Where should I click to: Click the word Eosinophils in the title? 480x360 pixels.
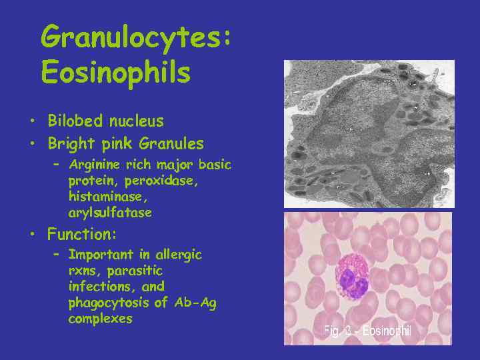(x=115, y=72)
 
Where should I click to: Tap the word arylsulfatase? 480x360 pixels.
(x=110, y=213)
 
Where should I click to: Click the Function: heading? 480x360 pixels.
(x=82, y=234)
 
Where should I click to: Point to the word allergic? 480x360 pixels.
(x=179, y=255)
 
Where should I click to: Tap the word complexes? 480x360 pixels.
(x=100, y=319)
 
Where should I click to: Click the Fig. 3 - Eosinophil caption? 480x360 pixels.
(x=367, y=331)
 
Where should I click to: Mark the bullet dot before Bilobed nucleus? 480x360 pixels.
(x=31, y=122)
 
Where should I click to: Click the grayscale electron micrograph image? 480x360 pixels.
(x=369, y=134)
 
